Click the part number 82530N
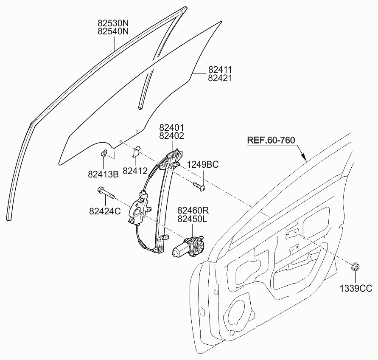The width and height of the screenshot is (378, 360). [x=113, y=23]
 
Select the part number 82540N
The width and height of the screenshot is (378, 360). [x=113, y=31]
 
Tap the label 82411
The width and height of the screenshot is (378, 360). [x=220, y=70]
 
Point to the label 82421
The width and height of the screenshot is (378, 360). [x=220, y=78]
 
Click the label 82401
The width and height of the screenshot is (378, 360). [x=171, y=127]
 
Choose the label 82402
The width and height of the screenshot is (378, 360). [x=171, y=135]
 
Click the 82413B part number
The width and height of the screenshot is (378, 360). [x=103, y=174]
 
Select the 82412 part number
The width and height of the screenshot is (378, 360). [x=135, y=171]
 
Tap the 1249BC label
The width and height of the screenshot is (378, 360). [x=203, y=165]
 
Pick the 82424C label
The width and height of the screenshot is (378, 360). [x=105, y=211]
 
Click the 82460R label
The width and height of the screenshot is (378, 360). [x=193, y=211]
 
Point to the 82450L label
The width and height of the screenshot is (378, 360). [x=193, y=219]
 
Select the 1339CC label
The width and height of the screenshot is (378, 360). [x=356, y=288]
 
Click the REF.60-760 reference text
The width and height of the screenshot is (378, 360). [x=271, y=140]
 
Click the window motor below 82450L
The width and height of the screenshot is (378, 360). [x=188, y=247]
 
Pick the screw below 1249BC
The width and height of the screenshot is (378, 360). [x=199, y=187]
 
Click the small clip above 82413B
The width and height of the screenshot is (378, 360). [x=104, y=153]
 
